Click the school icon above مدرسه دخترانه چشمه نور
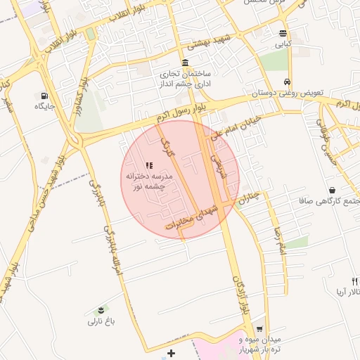[x=148, y=165]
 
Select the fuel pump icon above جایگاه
[x=46, y=95]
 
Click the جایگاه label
[x=45, y=106]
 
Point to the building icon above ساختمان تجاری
[x=184, y=63]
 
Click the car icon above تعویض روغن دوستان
[x=288, y=81]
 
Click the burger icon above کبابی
[x=283, y=33]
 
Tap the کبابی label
[x=282, y=44]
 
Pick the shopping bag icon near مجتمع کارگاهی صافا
[x=331, y=190]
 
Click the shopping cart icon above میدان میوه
[x=259, y=328]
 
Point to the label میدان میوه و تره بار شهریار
[x=266, y=345]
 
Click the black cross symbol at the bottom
[x=171, y=352]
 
